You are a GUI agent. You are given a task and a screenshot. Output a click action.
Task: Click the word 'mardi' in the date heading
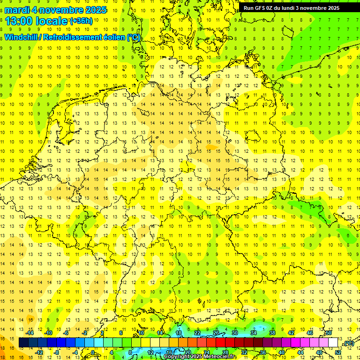tap(17, 10)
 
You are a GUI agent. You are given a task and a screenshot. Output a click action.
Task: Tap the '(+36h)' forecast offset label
tap(81, 21)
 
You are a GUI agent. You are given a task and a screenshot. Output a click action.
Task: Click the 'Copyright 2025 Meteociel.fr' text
tap(200, 357)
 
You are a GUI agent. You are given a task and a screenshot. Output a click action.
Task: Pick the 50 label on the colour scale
tap(329, 333)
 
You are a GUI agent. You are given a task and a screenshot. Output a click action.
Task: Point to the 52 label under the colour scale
tap(337, 352)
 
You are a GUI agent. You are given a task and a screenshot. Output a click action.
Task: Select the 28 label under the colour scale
tap(225, 352)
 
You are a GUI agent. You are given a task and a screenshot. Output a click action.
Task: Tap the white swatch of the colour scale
tap(333, 343)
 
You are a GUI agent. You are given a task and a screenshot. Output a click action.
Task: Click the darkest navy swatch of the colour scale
tap(23, 343)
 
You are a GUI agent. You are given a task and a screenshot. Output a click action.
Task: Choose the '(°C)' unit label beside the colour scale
tap(348, 344)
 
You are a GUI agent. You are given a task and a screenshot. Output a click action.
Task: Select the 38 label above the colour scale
tap(272, 333)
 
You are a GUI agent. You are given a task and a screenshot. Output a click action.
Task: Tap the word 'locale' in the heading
tap(53, 21)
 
